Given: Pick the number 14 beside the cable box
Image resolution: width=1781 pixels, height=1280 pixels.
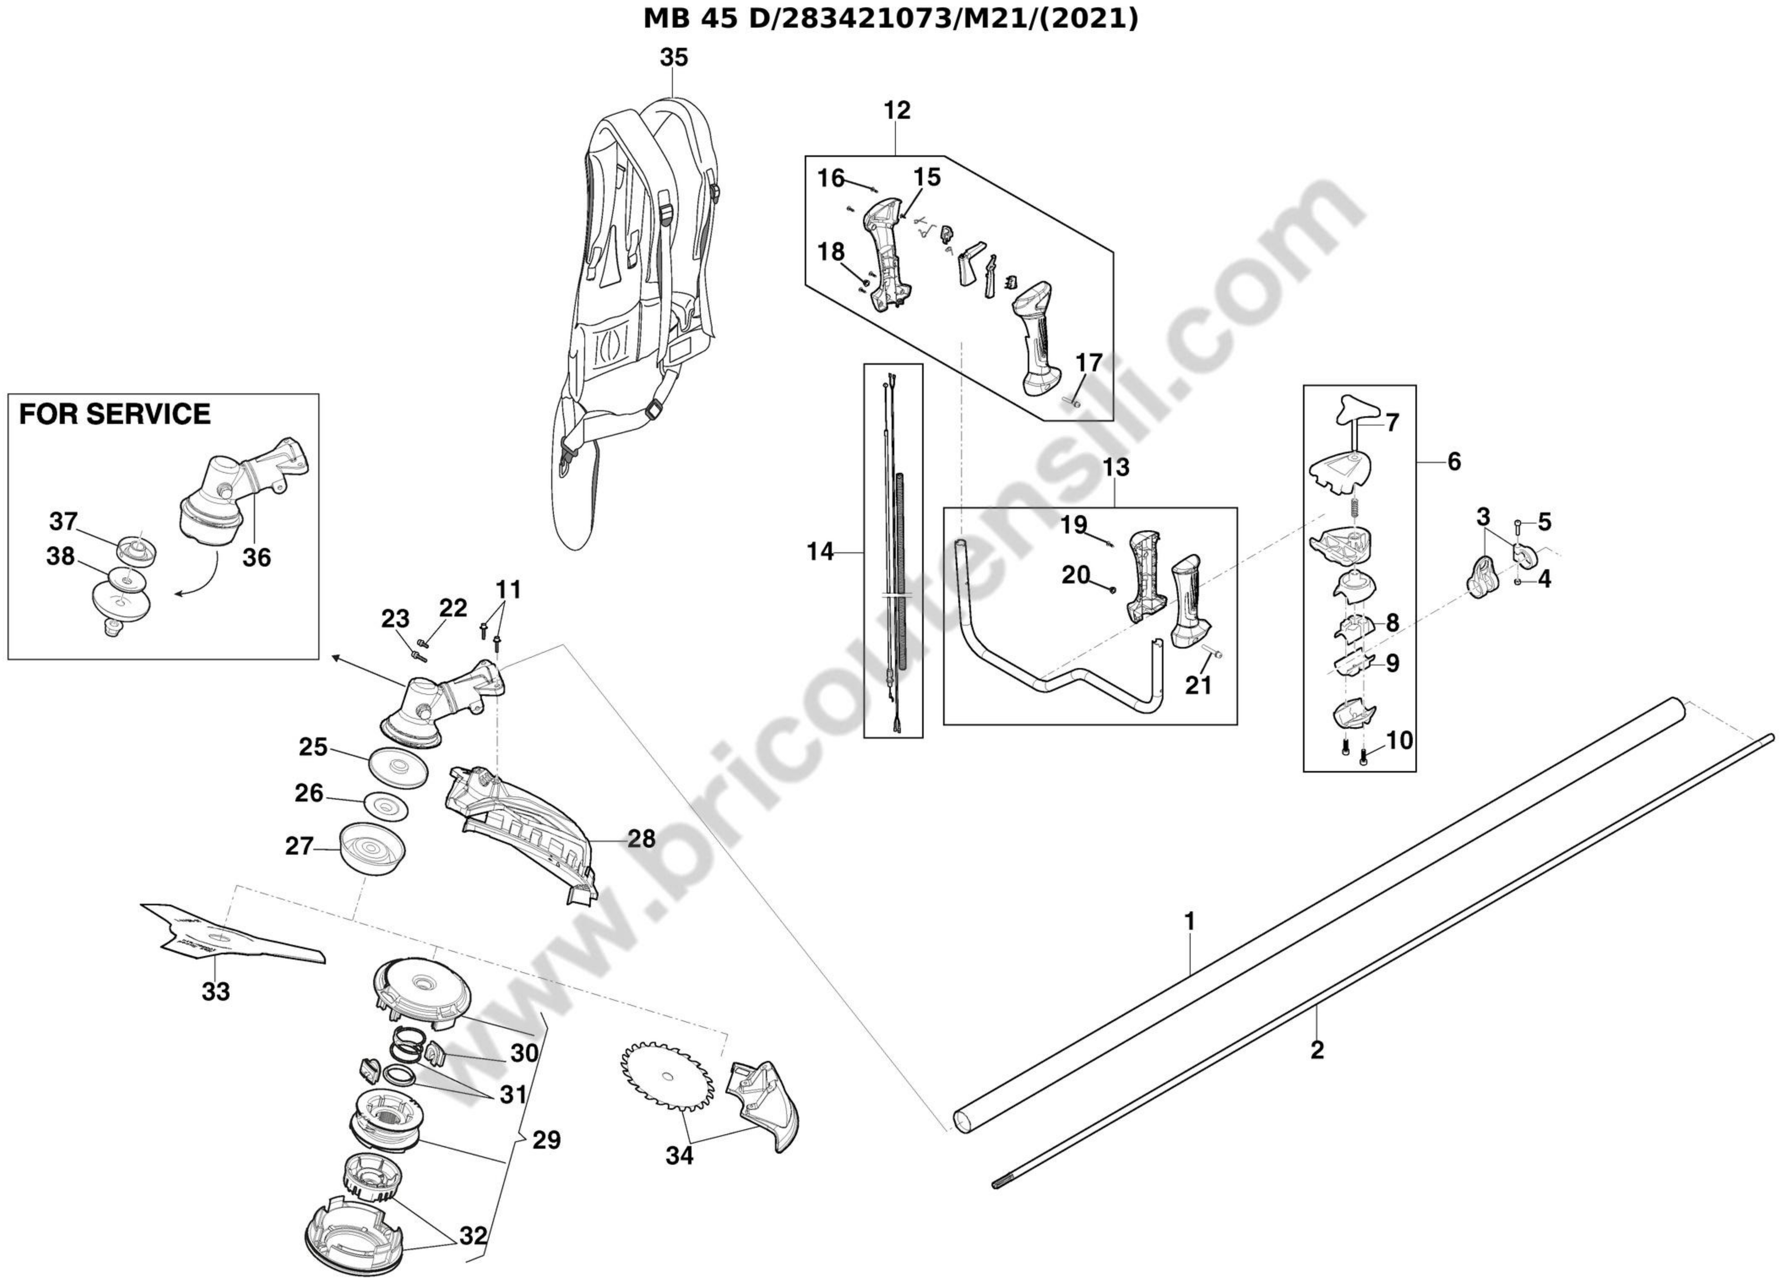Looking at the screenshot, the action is tap(821, 552).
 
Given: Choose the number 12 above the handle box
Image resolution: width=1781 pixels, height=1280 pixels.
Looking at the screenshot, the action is tap(897, 111).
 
